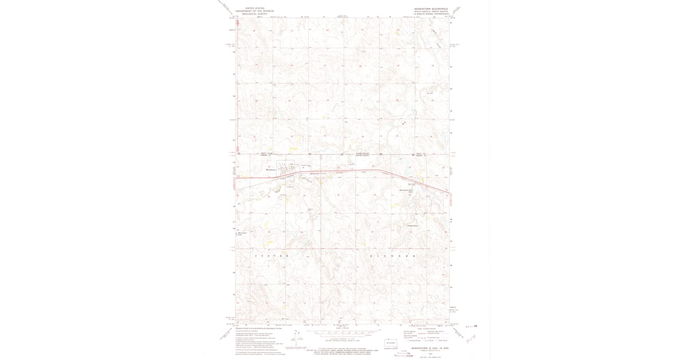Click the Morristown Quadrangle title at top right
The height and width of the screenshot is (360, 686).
coord(432,9)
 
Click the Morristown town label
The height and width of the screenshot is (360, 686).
coord(271,169)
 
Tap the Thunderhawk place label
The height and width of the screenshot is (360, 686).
coord(413,226)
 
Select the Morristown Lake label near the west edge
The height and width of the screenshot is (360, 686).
coord(242,234)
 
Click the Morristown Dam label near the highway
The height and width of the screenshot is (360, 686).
coord(405,190)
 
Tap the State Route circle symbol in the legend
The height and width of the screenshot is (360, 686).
coord(438,341)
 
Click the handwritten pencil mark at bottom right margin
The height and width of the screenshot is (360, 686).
coord(470,339)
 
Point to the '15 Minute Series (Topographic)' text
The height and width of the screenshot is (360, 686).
coord(432,13)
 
